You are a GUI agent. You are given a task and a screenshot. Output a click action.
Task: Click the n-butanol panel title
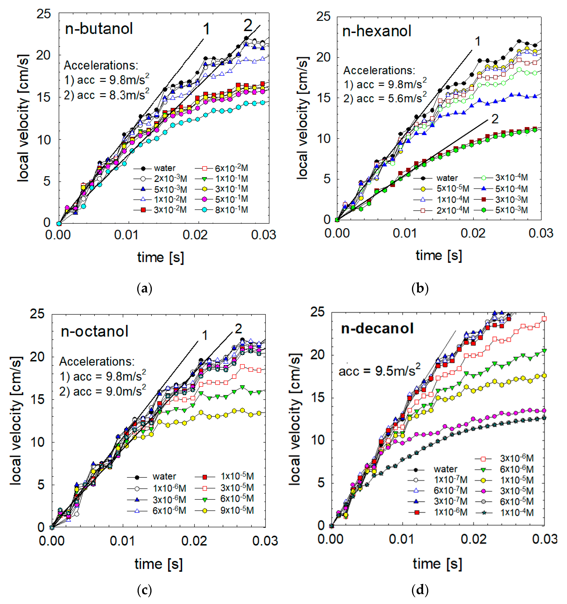pos(99,29)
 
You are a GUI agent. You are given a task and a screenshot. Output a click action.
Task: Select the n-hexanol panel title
pos(377,31)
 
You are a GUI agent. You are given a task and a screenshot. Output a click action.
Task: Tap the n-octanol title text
pos(95,331)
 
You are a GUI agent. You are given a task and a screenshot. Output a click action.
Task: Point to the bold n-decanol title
pos(377,328)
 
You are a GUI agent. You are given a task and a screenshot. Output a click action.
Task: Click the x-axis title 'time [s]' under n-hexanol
pos(439,255)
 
